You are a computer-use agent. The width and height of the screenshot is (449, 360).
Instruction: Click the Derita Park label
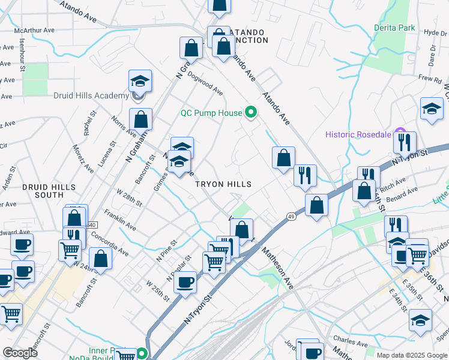(394, 28)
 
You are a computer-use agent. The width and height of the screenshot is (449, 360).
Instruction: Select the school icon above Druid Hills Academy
(140, 81)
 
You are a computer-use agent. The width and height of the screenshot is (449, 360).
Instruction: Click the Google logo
(20, 353)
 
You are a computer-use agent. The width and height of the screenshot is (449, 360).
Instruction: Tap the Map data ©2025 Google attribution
(411, 355)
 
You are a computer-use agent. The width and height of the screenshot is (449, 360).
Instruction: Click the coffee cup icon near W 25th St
(185, 282)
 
